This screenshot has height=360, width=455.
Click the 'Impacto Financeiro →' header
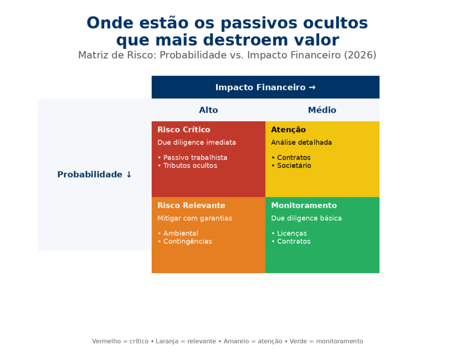click(265, 87)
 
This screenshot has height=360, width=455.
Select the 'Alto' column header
click(209, 110)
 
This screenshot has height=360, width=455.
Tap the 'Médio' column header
click(322, 110)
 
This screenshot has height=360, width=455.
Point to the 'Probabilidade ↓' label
click(95, 174)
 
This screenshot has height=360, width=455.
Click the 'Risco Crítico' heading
click(184, 130)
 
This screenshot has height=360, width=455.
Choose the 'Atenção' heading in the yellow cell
click(288, 130)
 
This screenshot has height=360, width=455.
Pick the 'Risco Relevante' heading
click(191, 206)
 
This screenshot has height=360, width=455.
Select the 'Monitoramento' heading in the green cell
click(304, 206)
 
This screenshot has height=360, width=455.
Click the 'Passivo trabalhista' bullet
click(195, 158)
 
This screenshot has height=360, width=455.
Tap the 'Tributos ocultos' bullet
click(190, 166)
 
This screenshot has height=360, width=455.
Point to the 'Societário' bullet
click(294, 166)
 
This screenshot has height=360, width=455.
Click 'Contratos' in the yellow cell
click(293, 158)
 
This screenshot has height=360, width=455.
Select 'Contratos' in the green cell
click(293, 242)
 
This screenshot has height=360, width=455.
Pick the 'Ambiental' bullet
click(181, 234)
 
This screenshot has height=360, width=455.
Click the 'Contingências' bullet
click(187, 242)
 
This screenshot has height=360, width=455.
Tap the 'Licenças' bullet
click(291, 234)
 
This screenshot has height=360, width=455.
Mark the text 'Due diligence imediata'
click(197, 143)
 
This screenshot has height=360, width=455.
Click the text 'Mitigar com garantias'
click(195, 218)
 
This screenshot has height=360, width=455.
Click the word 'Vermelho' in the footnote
click(107, 341)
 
